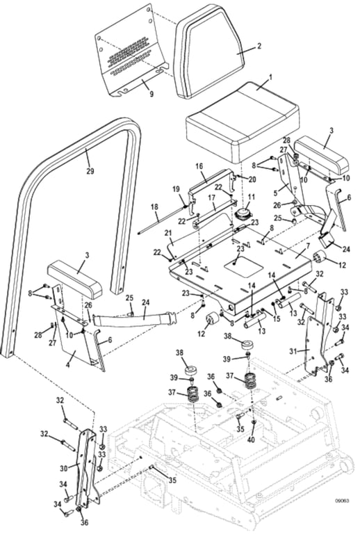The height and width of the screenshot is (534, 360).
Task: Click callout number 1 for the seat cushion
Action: pyautogui.click(x=270, y=78)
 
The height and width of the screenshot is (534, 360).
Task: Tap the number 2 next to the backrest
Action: pyautogui.click(x=259, y=46)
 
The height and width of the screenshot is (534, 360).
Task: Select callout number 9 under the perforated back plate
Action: pyautogui.click(x=152, y=93)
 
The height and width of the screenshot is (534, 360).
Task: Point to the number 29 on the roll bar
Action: pyautogui.click(x=90, y=171)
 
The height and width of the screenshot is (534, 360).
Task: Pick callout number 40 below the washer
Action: pyautogui.click(x=251, y=439)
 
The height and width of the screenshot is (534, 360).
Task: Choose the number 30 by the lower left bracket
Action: pyautogui.click(x=64, y=469)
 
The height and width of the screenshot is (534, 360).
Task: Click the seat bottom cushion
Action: pyautogui.click(x=243, y=122)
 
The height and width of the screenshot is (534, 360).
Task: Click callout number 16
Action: pyautogui.click(x=199, y=166)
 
